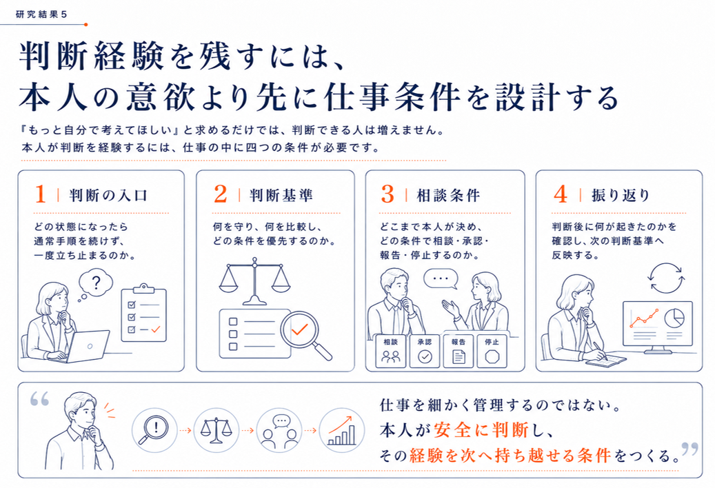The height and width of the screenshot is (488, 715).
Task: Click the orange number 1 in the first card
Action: pyautogui.click(x=40, y=194)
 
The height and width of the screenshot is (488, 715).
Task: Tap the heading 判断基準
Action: pyautogui.click(x=281, y=196)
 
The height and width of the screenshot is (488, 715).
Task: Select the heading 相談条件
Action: pyautogui.click(x=448, y=196)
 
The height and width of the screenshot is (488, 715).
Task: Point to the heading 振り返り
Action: pyautogui.click(x=621, y=196)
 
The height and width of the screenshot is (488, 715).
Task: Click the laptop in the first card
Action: pyautogui.click(x=87, y=346)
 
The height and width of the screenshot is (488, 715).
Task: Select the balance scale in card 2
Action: pyautogui.click(x=254, y=281)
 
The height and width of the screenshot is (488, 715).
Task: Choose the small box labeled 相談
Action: pyautogui.click(x=391, y=351)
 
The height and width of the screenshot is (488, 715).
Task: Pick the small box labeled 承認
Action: pyautogui.click(x=425, y=351)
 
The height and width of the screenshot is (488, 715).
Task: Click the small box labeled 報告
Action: pyautogui.click(x=459, y=351)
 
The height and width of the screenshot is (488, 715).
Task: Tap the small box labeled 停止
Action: pyautogui.click(x=492, y=351)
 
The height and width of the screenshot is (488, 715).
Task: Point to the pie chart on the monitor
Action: pyautogui.click(x=674, y=318)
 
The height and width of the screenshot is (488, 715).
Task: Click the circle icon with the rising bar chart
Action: pyautogui.click(x=341, y=430)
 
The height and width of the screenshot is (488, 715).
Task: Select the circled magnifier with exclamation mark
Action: pyautogui.click(x=154, y=430)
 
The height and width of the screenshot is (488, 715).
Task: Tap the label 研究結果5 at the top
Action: pyautogui.click(x=41, y=14)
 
